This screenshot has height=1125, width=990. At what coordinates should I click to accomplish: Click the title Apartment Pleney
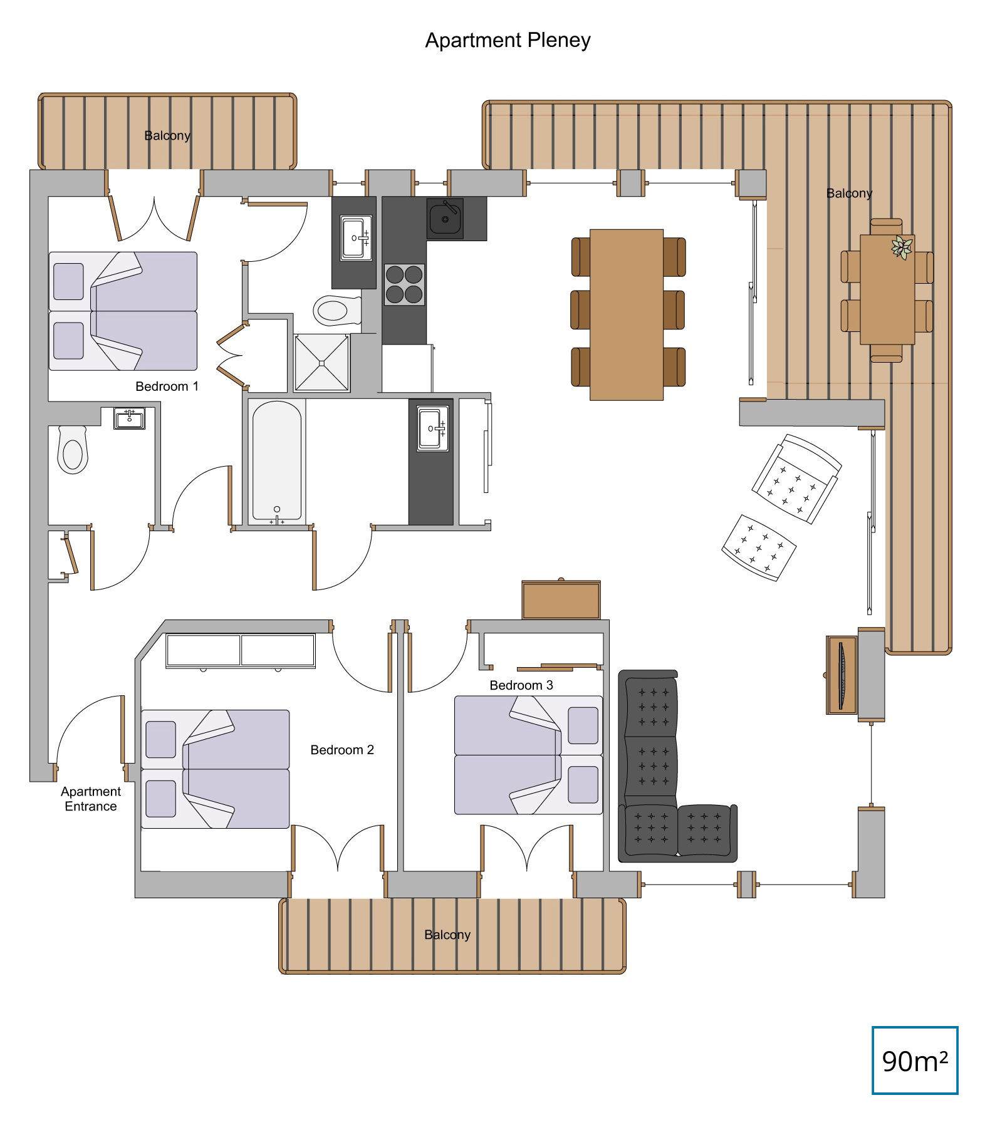tap(508, 41)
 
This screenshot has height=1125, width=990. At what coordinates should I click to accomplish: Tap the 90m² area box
tap(915, 1060)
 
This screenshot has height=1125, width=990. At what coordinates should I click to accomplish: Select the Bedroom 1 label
tap(167, 386)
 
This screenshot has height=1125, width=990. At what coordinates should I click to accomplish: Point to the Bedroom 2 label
tap(342, 750)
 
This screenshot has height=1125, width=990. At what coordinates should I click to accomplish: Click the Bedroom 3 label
tap(521, 685)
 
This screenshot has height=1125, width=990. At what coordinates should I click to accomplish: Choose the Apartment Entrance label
tap(91, 799)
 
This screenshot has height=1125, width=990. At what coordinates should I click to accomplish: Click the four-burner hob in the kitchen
tap(404, 284)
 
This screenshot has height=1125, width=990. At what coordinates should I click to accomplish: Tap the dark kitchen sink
tap(445, 218)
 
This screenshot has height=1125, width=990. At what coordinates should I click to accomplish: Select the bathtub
tap(277, 462)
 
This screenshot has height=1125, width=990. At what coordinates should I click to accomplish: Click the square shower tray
tap(321, 362)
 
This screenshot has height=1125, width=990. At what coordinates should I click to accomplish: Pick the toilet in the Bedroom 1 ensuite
tap(73, 449)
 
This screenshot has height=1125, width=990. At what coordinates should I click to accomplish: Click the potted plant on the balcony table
tap(902, 247)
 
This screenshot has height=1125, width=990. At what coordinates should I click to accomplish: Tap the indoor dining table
tap(627, 314)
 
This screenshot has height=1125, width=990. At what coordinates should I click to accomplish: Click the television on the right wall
tap(841, 675)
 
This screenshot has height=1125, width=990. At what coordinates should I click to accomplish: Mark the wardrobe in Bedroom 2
tap(241, 651)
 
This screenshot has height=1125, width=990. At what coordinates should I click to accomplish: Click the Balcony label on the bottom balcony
tap(447, 935)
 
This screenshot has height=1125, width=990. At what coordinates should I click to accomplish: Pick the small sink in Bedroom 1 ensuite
tap(130, 418)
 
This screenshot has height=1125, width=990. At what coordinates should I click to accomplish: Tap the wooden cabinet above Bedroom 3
tap(561, 599)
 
